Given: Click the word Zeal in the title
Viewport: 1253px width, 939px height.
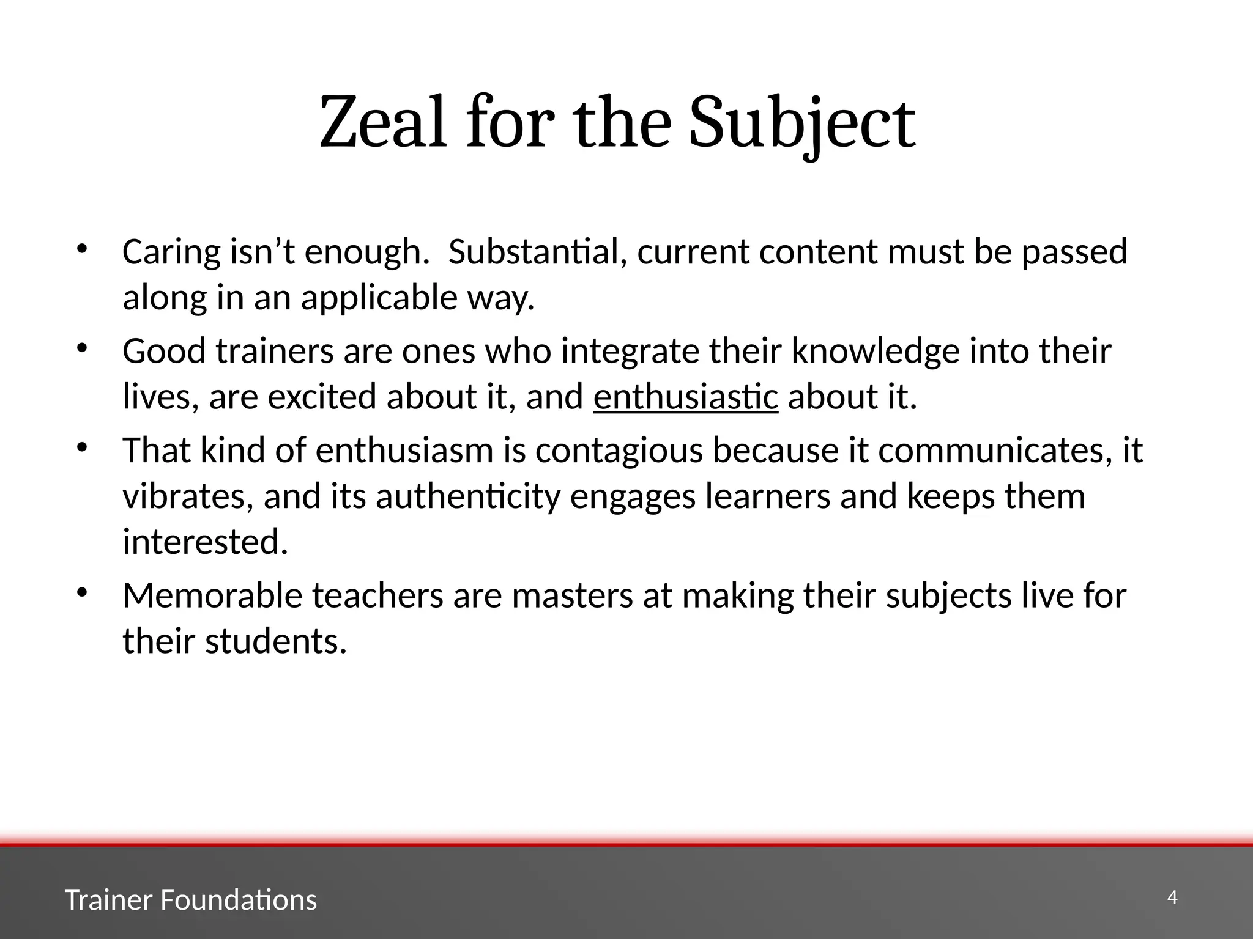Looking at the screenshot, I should (383, 123).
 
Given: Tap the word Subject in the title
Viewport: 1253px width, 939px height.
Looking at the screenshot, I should (802, 123).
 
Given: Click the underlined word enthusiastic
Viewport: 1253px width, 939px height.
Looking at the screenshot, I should (685, 397).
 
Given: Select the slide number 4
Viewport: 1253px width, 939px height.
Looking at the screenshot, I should (1172, 897).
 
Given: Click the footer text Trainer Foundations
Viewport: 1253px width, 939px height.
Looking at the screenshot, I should (191, 900).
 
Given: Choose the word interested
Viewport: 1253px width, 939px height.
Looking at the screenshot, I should (205, 542).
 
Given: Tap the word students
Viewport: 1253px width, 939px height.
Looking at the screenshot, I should (276, 641).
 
